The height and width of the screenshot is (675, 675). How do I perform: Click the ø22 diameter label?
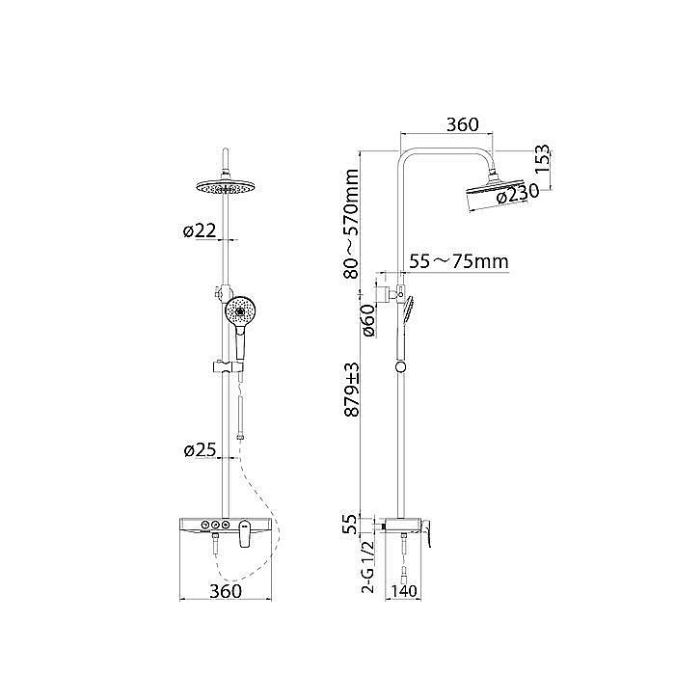click(x=200, y=231)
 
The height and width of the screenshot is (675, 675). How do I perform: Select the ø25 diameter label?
click(x=200, y=450)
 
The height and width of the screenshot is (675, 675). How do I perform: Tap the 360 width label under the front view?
click(x=226, y=591)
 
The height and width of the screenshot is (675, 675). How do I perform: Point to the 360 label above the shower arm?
click(x=462, y=124)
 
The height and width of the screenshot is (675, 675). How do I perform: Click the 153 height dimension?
click(x=542, y=159)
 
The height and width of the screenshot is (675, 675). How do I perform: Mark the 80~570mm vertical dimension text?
click(x=352, y=224)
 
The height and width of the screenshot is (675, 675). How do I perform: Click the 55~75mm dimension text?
click(x=459, y=261)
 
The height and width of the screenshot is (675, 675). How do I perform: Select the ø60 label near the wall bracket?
click(x=369, y=320)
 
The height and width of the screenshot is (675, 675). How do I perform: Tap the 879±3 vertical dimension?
click(x=352, y=390)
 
